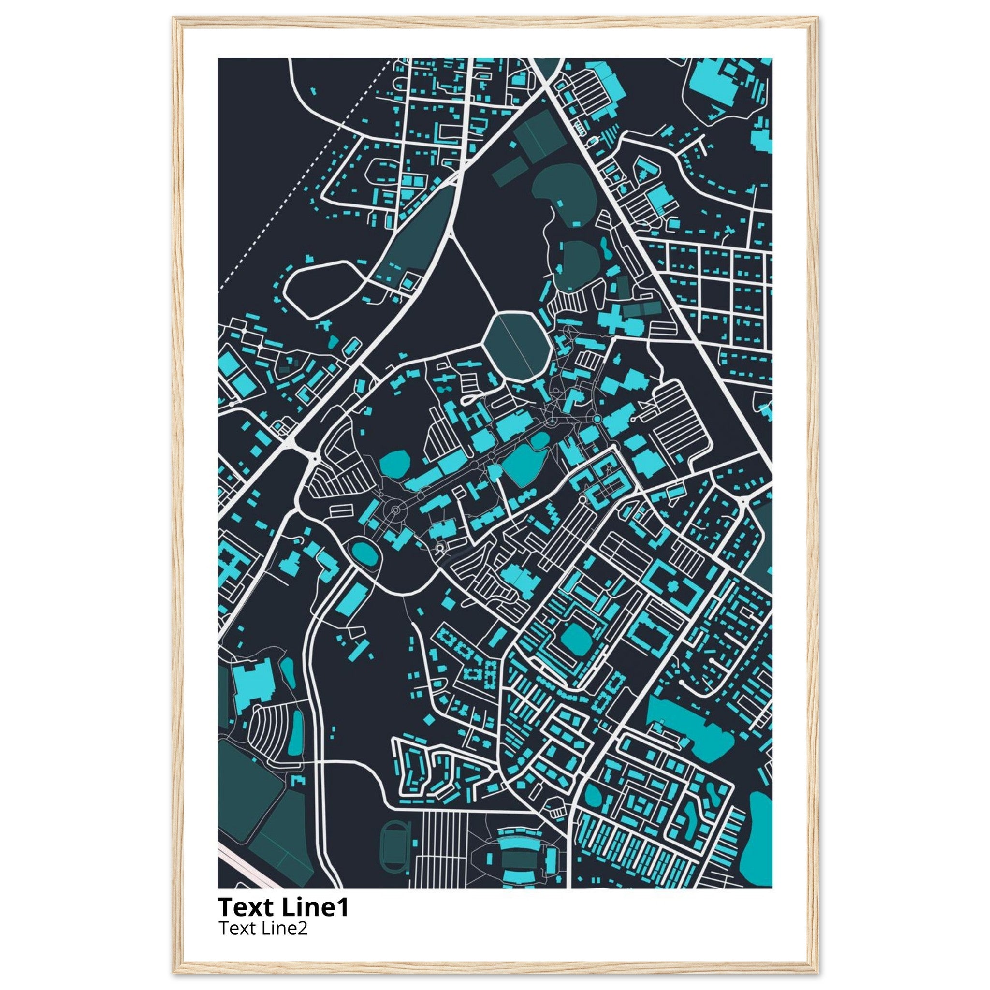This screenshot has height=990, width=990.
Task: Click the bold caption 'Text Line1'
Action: [x=283, y=906]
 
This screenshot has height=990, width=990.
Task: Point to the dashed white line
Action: [x=302, y=174]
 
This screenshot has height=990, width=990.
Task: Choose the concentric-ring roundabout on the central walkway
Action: [x=395, y=510]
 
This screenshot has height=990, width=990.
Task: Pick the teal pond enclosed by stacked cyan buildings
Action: [x=575, y=640]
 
